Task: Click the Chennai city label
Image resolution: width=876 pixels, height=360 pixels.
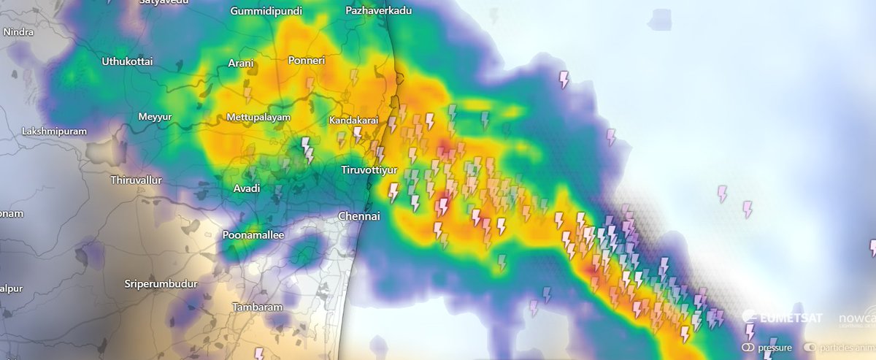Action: tap(359, 217)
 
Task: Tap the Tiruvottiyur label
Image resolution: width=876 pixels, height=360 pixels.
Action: tap(369, 170)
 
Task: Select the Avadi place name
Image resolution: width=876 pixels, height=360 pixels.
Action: tap(246, 188)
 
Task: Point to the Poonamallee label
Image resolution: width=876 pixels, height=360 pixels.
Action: tap(253, 235)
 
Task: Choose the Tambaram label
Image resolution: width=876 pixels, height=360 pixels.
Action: tap(257, 307)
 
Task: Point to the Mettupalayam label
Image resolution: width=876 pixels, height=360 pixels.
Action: tap(259, 118)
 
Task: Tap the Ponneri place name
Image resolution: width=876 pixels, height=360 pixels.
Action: tap(307, 61)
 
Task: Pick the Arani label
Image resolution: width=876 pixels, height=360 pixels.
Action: tap(241, 64)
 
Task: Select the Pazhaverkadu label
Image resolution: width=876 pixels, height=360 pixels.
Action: tap(379, 11)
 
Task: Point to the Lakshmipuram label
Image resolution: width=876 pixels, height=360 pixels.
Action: tap(55, 131)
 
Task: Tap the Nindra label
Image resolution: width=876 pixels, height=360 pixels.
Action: tap(18, 33)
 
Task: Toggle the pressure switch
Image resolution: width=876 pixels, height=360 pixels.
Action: tap(749, 348)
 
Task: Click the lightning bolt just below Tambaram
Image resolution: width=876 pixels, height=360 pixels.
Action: tap(258, 354)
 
